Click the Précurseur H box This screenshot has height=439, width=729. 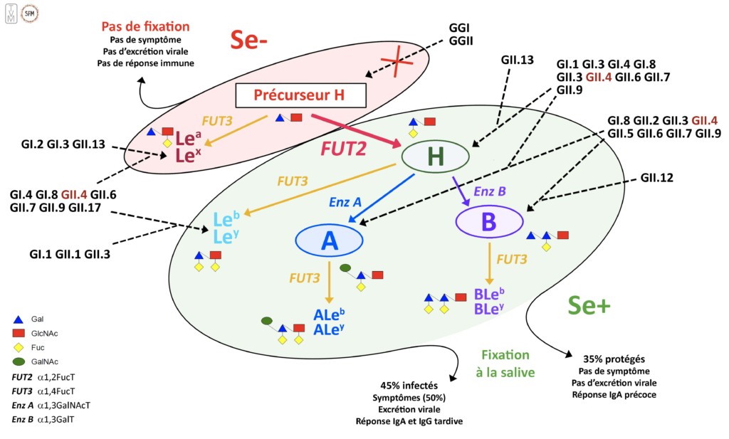pyautogui.click(x=300, y=95)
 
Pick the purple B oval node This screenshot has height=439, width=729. pyautogui.click(x=488, y=222)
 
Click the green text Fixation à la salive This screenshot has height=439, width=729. pyautogui.click(x=505, y=362)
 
